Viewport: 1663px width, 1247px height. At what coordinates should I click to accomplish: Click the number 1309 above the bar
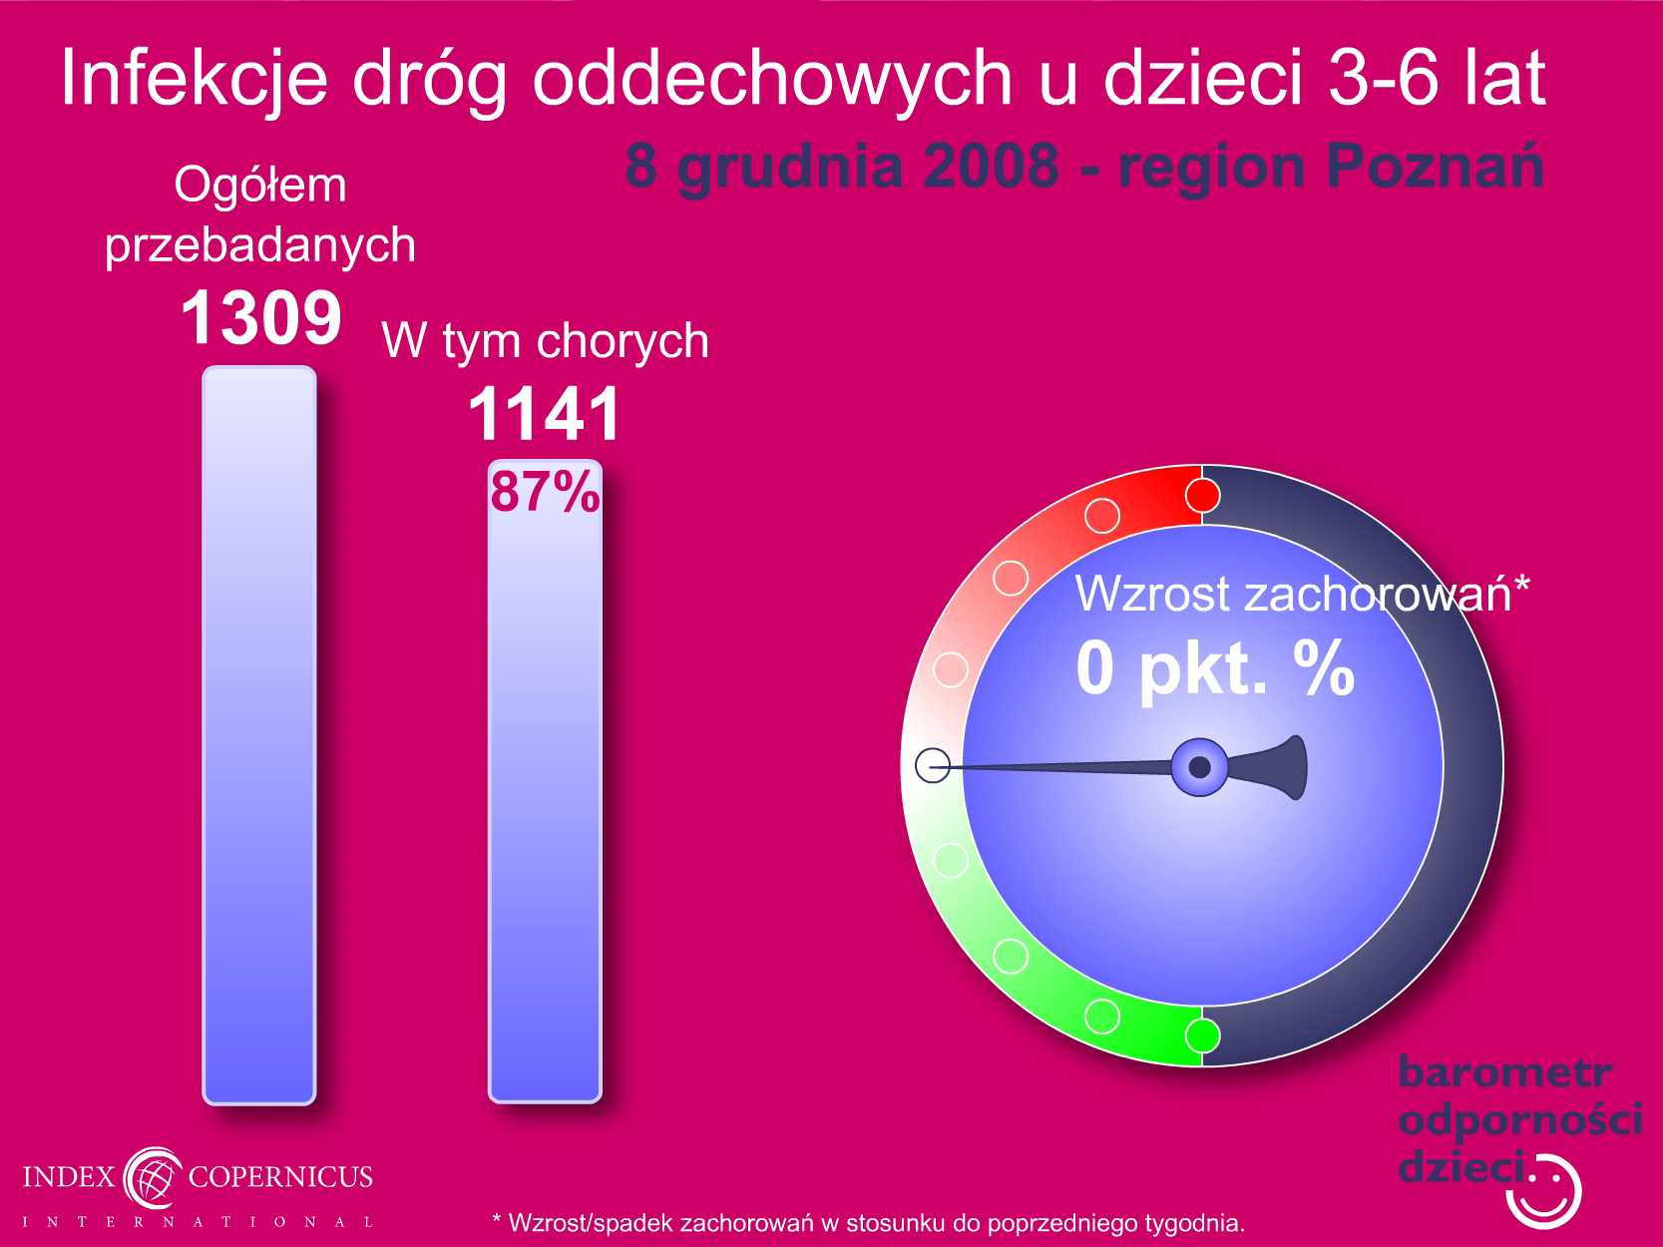click(x=261, y=317)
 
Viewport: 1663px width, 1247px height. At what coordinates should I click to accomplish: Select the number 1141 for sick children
click(x=545, y=414)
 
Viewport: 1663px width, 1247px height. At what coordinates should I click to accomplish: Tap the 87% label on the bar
click(x=545, y=492)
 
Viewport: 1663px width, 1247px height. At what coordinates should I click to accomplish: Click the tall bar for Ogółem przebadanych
click(x=259, y=735)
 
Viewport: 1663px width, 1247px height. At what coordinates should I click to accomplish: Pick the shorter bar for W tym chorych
click(x=545, y=781)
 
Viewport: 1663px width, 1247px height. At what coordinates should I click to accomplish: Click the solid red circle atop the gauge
click(x=1202, y=496)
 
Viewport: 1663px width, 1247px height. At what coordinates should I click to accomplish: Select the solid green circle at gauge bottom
click(x=1202, y=1036)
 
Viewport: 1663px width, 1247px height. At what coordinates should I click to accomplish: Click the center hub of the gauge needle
click(x=1199, y=767)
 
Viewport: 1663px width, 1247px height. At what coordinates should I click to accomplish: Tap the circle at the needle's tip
click(x=933, y=765)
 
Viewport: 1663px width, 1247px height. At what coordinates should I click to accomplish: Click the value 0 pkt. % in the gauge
click(x=1214, y=668)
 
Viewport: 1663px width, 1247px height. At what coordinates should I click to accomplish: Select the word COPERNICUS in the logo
click(x=280, y=1176)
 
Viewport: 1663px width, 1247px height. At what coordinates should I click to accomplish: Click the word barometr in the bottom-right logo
click(x=1504, y=1072)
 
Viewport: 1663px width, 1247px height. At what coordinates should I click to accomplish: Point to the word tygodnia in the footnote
click(x=1195, y=1223)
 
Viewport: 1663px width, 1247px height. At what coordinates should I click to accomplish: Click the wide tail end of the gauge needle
click(x=1297, y=767)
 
